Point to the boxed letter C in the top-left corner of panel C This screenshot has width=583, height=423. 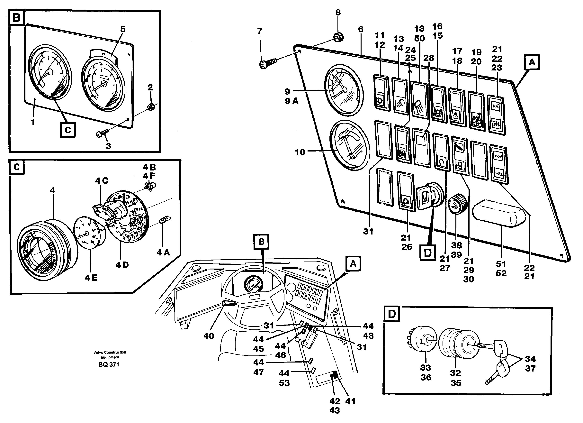click(17, 167)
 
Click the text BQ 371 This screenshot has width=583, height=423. click(109, 364)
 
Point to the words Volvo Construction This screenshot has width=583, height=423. click(110, 352)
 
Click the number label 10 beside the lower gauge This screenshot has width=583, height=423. click(300, 152)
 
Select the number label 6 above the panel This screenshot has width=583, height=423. click(361, 29)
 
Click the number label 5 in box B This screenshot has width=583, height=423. click(123, 29)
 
